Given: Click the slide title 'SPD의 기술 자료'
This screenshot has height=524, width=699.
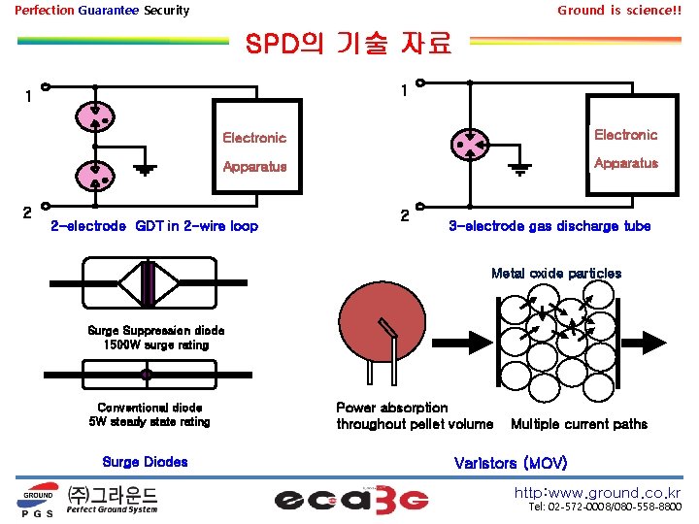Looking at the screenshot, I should [349, 45].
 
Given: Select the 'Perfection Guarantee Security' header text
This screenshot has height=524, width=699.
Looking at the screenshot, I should [102, 11].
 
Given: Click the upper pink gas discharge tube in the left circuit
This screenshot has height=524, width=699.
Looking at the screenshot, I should [96, 116].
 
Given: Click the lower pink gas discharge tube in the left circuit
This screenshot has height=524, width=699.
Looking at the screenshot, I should [96, 176].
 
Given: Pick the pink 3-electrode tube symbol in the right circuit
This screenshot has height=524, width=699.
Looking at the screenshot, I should [469, 146].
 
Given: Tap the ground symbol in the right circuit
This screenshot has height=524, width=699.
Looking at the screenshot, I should [519, 168].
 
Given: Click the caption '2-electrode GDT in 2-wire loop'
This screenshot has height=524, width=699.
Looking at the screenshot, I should [153, 227].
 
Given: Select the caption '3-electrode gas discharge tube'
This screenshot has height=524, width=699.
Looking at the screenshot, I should [549, 226].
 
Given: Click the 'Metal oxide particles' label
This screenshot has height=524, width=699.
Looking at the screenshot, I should [556, 274].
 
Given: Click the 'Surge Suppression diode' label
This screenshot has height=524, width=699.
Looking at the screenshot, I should [155, 330].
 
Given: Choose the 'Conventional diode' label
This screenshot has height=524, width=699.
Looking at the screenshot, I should [150, 408].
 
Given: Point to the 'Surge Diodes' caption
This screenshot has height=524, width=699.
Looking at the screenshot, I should [145, 462].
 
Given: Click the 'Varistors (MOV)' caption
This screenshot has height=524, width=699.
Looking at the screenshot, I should [511, 462].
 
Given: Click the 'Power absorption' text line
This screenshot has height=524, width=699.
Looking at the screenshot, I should [392, 408].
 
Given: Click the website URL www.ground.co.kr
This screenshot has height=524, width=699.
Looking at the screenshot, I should [597, 492].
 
